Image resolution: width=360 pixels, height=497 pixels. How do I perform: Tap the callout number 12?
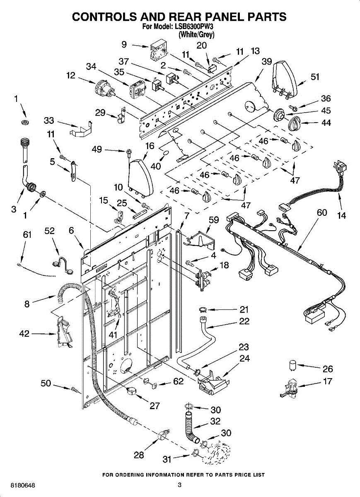point(71,75)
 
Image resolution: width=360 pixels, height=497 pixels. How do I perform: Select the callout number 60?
point(322,212)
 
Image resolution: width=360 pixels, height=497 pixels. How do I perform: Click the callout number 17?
point(327,381)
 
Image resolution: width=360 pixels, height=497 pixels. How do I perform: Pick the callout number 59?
point(214,221)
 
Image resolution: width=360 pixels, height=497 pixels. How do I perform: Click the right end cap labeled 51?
point(286,78)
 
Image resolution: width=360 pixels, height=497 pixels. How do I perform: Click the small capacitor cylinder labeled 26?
point(293,365)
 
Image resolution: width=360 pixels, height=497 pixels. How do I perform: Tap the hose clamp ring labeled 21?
point(204,309)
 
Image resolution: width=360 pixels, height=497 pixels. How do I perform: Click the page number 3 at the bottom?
point(179,485)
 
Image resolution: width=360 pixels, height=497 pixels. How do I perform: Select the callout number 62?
point(178,381)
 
